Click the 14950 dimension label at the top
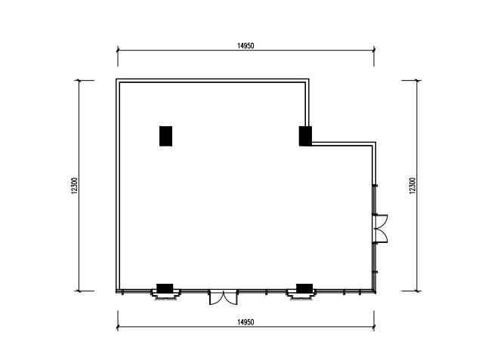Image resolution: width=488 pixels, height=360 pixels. (246, 46)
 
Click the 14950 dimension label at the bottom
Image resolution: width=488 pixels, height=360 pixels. (246, 322)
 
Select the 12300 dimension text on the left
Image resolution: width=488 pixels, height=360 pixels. (74, 186)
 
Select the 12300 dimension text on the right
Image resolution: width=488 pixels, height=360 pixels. (412, 186)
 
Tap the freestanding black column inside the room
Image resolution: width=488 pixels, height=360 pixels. (165, 136)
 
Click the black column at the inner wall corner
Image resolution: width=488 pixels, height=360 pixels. (305, 136)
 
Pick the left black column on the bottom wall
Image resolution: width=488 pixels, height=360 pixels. (165, 288)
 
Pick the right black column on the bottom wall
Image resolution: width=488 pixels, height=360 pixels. (304, 288)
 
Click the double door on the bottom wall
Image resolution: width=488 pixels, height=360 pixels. (223, 297)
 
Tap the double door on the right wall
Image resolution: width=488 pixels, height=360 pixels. (380, 228)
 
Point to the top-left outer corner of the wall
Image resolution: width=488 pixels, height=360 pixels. (116, 79)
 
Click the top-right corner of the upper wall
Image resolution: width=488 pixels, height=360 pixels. (309, 79)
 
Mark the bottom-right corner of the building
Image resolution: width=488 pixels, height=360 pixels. (375, 292)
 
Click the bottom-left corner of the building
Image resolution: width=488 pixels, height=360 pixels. (116, 292)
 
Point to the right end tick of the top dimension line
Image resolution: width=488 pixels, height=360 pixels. (374, 50)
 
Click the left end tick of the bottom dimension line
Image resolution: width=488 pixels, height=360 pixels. (118, 327)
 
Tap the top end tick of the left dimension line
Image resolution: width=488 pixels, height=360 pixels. (79, 81)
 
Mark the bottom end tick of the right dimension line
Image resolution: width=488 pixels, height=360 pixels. (417, 291)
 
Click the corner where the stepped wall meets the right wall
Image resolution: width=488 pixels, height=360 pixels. (375, 143)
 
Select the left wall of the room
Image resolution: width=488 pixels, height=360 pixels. (118, 186)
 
